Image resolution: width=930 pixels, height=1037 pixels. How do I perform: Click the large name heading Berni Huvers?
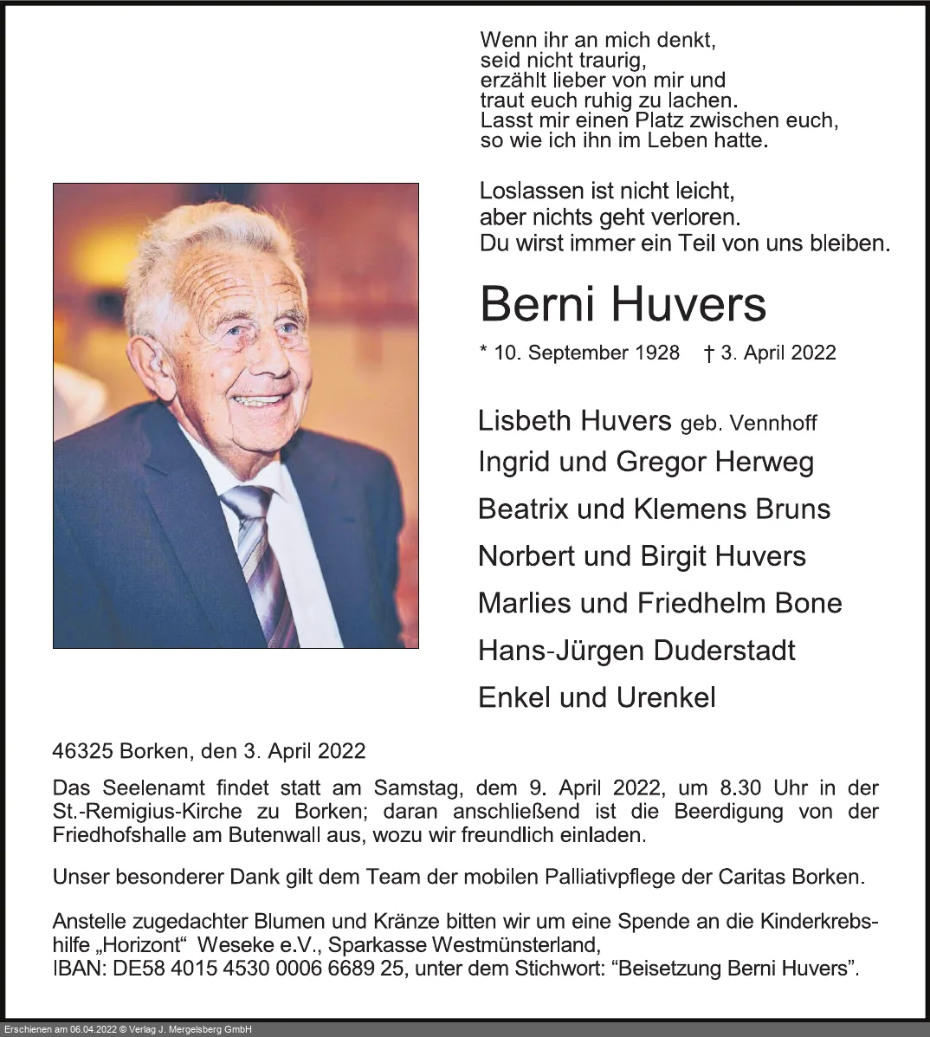[623, 304]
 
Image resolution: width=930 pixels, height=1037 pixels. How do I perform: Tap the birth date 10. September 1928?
[586, 353]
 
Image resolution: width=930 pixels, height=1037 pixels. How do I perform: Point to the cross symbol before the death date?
[708, 353]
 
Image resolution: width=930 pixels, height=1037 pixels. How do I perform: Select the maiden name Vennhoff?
[773, 423]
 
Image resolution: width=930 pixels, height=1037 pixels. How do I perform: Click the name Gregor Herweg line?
[714, 462]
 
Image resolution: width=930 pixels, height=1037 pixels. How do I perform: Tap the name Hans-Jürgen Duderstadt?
[636, 650]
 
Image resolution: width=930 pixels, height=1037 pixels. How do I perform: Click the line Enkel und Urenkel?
[597, 697]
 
